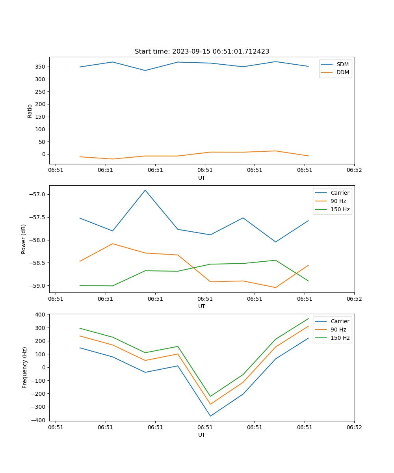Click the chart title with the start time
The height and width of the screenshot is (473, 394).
(202, 52)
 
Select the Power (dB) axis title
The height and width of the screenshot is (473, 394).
(24, 239)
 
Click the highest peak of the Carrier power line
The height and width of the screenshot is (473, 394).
(145, 190)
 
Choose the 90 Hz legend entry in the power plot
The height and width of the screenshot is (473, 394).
(338, 201)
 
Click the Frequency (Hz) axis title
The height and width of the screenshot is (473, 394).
(25, 367)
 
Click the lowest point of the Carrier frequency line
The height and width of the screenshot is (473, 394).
(210, 416)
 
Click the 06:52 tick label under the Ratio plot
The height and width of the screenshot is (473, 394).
(354, 170)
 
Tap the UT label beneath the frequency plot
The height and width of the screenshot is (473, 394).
(202, 435)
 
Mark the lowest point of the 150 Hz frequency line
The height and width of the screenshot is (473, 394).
(210, 396)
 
